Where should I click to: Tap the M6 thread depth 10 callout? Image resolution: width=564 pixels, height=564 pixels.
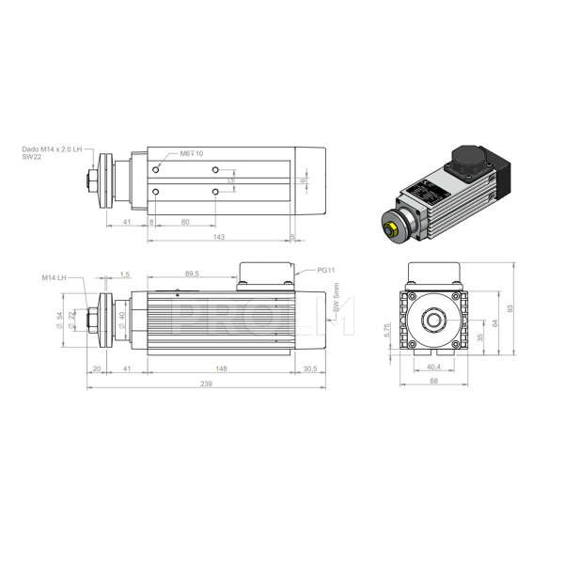pos(191,152)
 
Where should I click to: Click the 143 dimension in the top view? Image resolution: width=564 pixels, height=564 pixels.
pos(220,238)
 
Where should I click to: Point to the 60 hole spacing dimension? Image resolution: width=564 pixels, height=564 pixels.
pos(184,222)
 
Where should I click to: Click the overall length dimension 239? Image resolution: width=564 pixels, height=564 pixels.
pos(205,384)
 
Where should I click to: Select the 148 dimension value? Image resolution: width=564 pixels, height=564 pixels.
pos(220,368)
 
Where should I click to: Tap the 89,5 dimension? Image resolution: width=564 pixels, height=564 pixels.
pos(191,274)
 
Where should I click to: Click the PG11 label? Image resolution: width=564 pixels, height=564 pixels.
pos(326,270)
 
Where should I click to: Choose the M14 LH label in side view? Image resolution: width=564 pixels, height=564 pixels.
pos(54,277)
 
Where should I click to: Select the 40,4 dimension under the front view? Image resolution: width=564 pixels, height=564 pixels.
pos(433,368)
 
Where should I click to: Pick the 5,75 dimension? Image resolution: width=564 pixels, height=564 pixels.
pos(387,331)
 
